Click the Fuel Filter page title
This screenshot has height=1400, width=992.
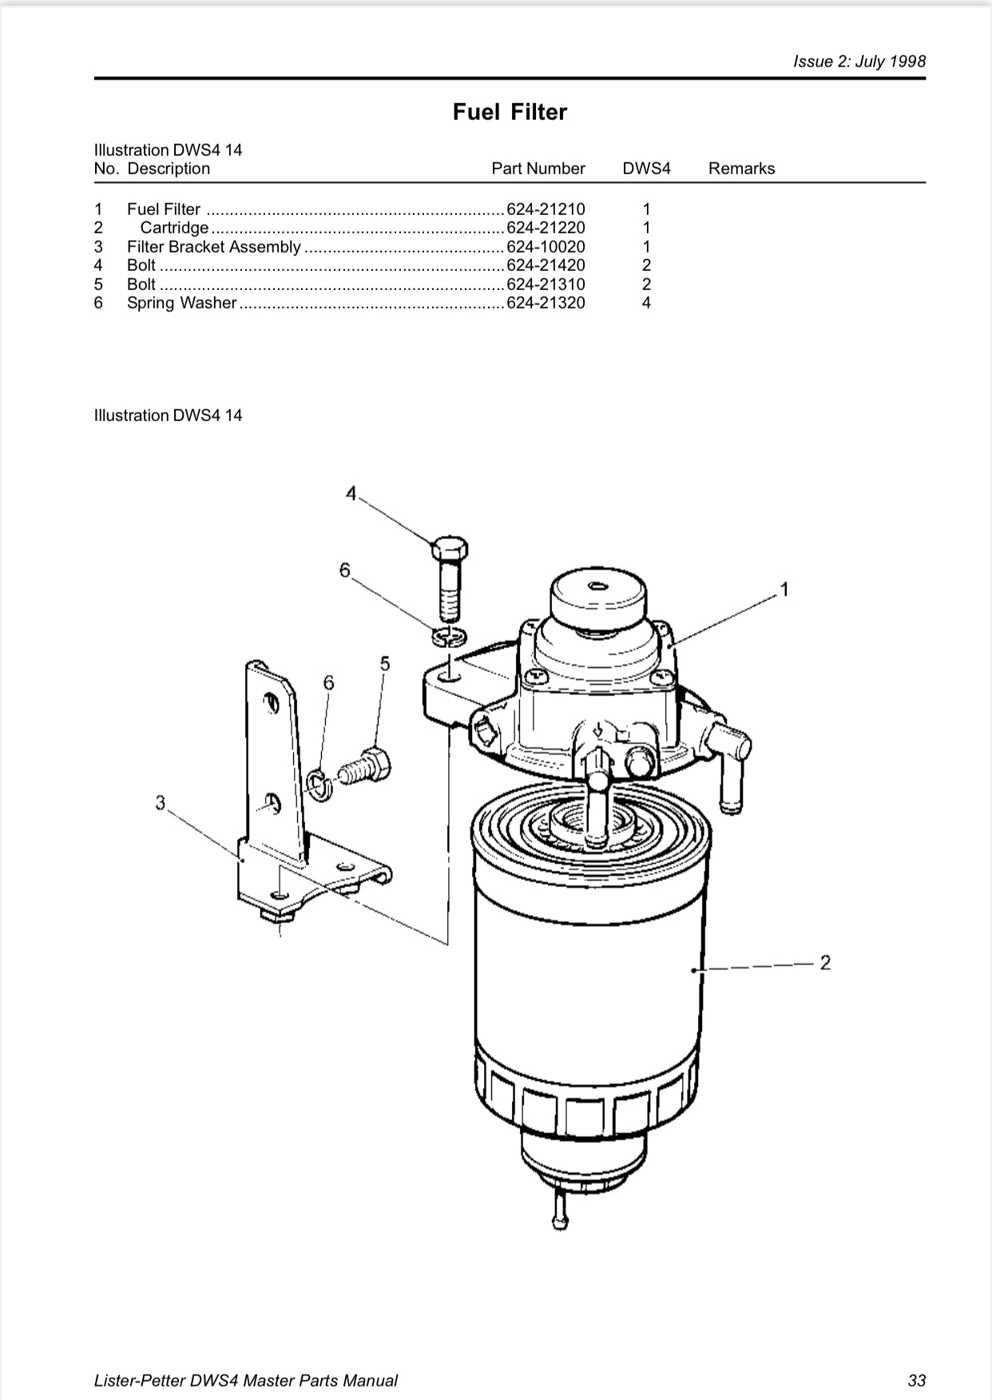[x=510, y=112]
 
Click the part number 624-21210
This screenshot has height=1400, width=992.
[x=546, y=209]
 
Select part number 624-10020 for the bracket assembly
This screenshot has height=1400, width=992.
[x=546, y=247]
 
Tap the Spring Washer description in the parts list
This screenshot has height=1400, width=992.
[x=182, y=303]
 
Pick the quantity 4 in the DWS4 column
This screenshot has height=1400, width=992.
[x=646, y=303]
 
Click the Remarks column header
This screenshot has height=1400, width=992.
[x=741, y=169]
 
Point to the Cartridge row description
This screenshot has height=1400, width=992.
[x=174, y=228]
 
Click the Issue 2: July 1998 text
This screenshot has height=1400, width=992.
[x=859, y=62]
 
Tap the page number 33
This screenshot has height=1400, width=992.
[x=916, y=1380]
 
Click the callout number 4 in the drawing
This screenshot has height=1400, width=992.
[x=351, y=494]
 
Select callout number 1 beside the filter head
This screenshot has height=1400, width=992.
[x=784, y=590]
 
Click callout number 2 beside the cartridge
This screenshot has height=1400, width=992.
[x=825, y=962]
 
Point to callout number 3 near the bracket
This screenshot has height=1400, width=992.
[x=161, y=802]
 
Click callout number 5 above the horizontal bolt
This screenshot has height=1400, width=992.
[x=385, y=663]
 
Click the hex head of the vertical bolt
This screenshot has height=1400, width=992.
[x=449, y=549]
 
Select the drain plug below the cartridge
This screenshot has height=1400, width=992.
[x=560, y=1219]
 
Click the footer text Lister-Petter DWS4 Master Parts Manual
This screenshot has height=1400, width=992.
[x=246, y=1380]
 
